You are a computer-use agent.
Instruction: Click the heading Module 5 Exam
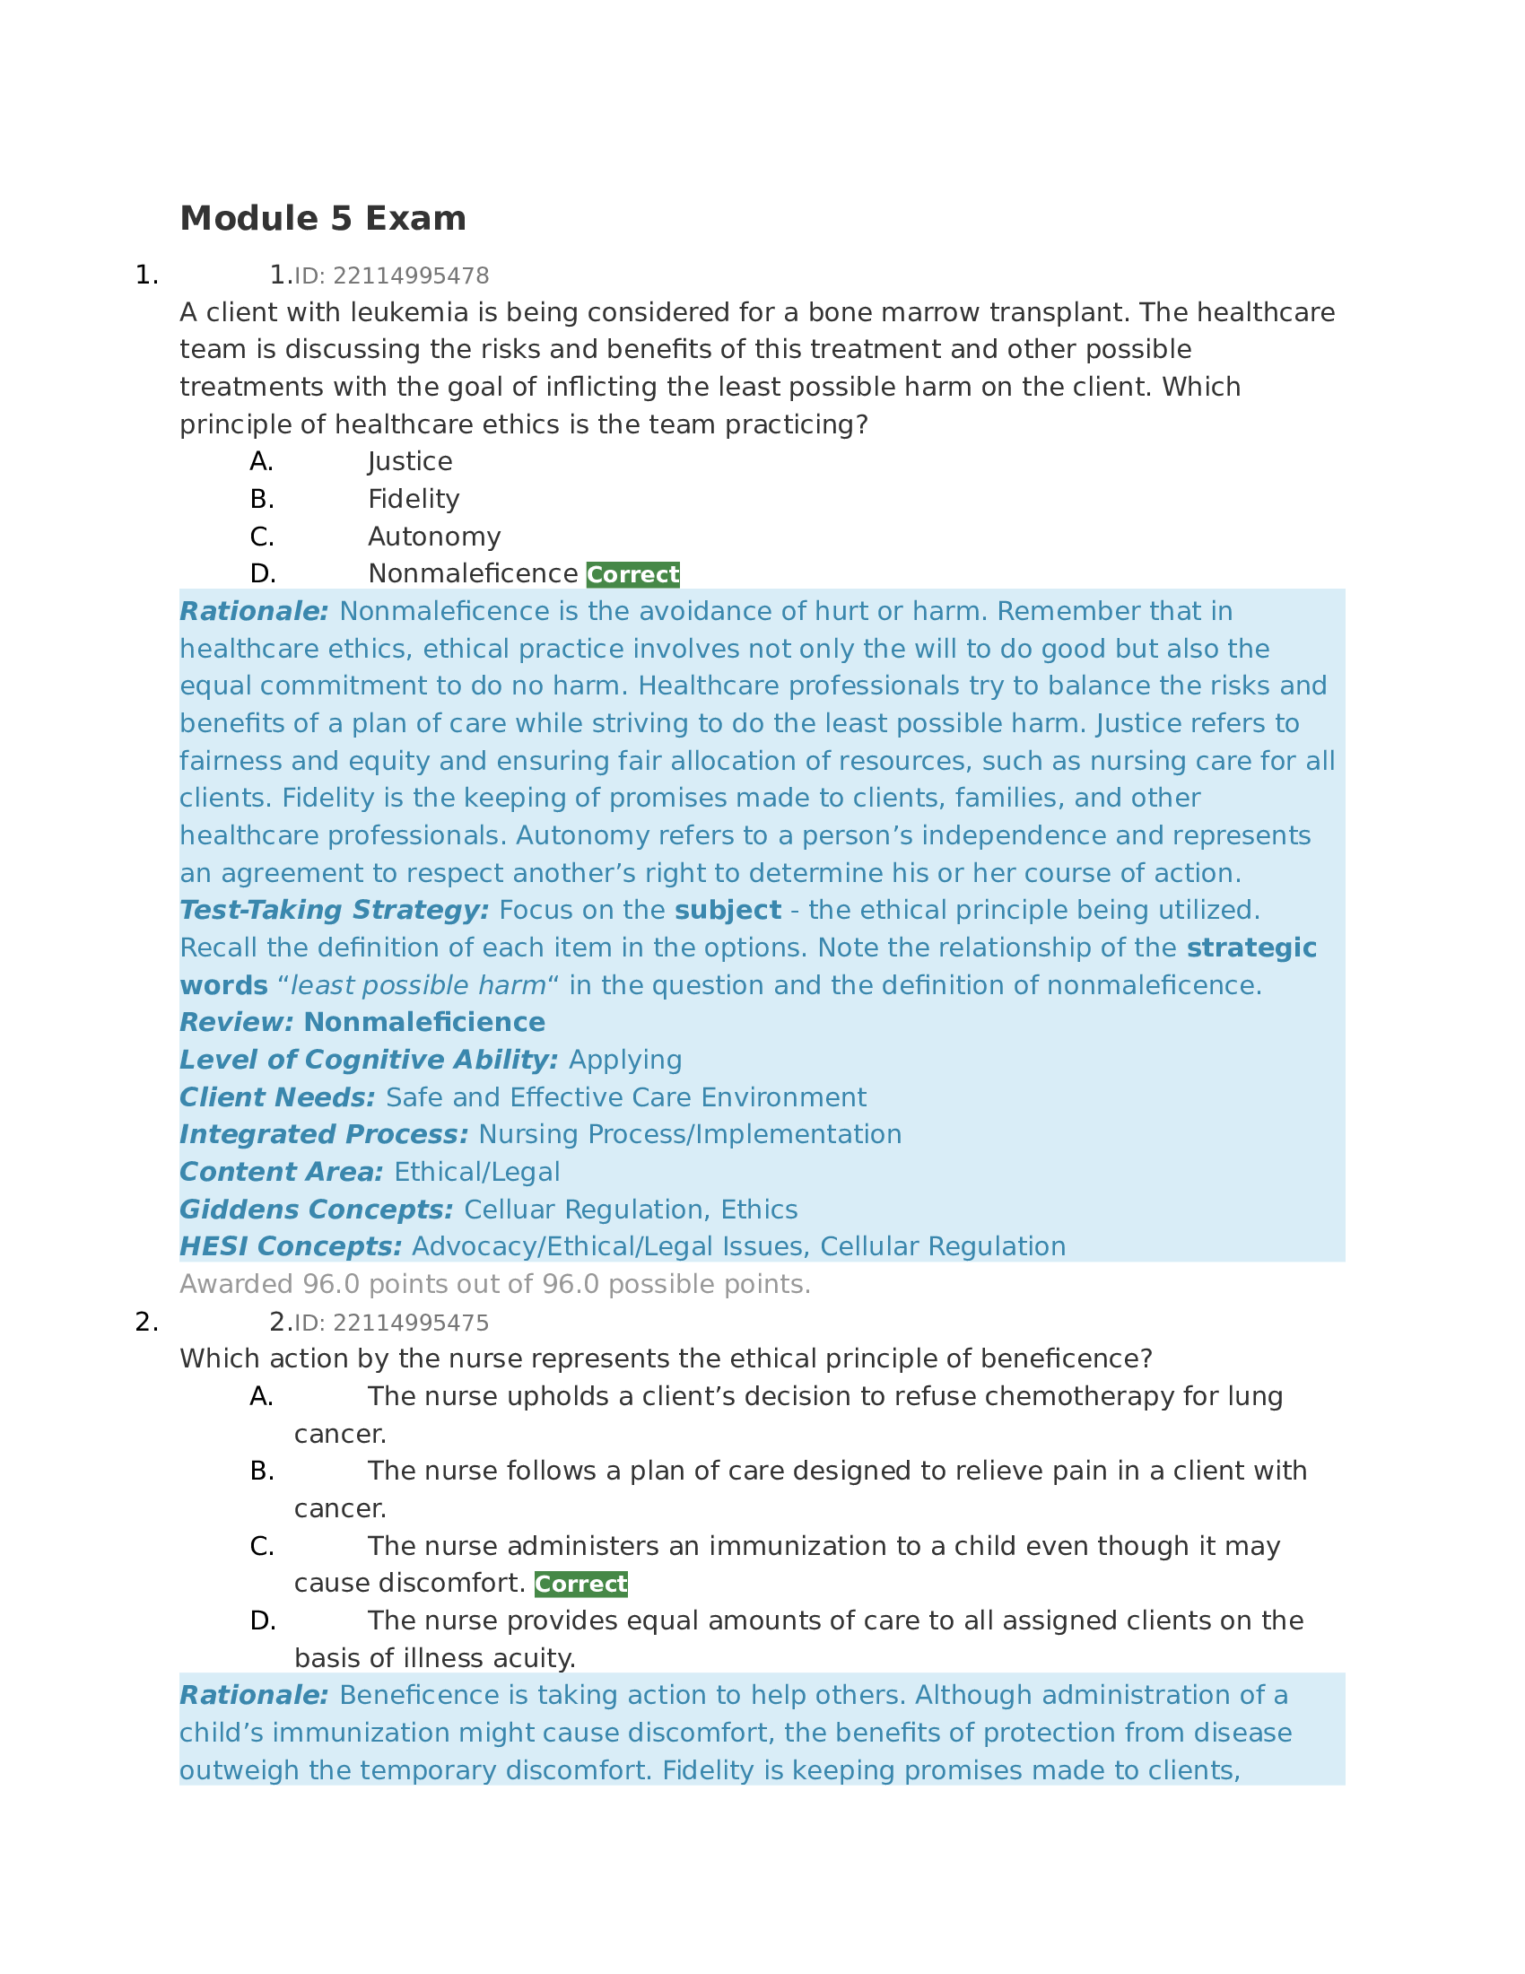pos(323,219)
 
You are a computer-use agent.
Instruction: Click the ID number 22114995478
pos(410,275)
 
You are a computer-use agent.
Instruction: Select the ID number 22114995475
pos(410,1323)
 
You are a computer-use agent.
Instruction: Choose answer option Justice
pos(409,462)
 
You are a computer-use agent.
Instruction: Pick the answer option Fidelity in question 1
pos(413,499)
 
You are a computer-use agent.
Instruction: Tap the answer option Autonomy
pos(433,537)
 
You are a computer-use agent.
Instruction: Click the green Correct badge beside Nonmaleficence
pos(632,575)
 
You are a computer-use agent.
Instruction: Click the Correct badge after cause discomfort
pos(580,1585)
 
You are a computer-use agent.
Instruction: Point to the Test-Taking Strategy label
pos(334,910)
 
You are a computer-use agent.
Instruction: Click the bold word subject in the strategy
pos(728,910)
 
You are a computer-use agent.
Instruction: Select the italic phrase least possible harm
pos(417,985)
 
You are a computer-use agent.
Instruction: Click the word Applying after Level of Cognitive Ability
pos(625,1061)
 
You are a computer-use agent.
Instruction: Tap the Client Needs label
pos(276,1097)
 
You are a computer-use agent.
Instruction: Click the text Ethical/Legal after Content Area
pos(477,1173)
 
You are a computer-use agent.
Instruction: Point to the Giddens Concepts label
pos(316,1210)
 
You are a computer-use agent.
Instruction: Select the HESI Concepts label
pos(290,1247)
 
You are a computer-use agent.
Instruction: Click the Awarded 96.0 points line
pos(494,1284)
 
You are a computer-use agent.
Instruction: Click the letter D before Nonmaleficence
pos(262,575)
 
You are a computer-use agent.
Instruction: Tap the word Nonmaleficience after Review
pos(423,1022)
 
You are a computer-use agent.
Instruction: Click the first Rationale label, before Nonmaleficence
pos(254,612)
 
